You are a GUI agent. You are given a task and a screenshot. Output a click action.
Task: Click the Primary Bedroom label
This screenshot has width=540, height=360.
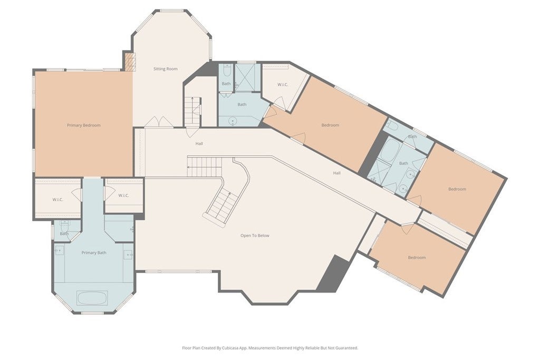coord(84,125)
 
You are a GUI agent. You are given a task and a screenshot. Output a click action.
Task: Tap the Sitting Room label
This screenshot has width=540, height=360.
coord(165,69)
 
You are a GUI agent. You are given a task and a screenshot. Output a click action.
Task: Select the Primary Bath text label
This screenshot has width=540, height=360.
coord(94,252)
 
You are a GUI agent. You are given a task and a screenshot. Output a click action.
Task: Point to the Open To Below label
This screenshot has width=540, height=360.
coord(255,236)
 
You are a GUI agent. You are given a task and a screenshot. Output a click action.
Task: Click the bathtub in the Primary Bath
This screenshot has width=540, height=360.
coord(92,298)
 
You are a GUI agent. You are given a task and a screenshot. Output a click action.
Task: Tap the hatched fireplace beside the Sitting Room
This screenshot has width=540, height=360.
coord(130,62)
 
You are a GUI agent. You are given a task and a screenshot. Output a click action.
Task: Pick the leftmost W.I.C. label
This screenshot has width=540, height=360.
coord(58,200)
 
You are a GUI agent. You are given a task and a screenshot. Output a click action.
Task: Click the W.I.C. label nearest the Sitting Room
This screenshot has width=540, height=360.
coord(283,85)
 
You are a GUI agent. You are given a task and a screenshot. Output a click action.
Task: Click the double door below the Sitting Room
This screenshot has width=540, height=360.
coord(158,122)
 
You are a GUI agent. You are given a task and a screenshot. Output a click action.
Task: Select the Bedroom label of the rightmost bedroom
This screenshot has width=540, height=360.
coord(457,189)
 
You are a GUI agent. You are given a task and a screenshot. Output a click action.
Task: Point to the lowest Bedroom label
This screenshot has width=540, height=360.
coord(417,257)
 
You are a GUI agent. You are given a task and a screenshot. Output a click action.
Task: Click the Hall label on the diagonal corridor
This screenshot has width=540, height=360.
coord(337,173)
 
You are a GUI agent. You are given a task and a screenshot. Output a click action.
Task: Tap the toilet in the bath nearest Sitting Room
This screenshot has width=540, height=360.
coord(227,71)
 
